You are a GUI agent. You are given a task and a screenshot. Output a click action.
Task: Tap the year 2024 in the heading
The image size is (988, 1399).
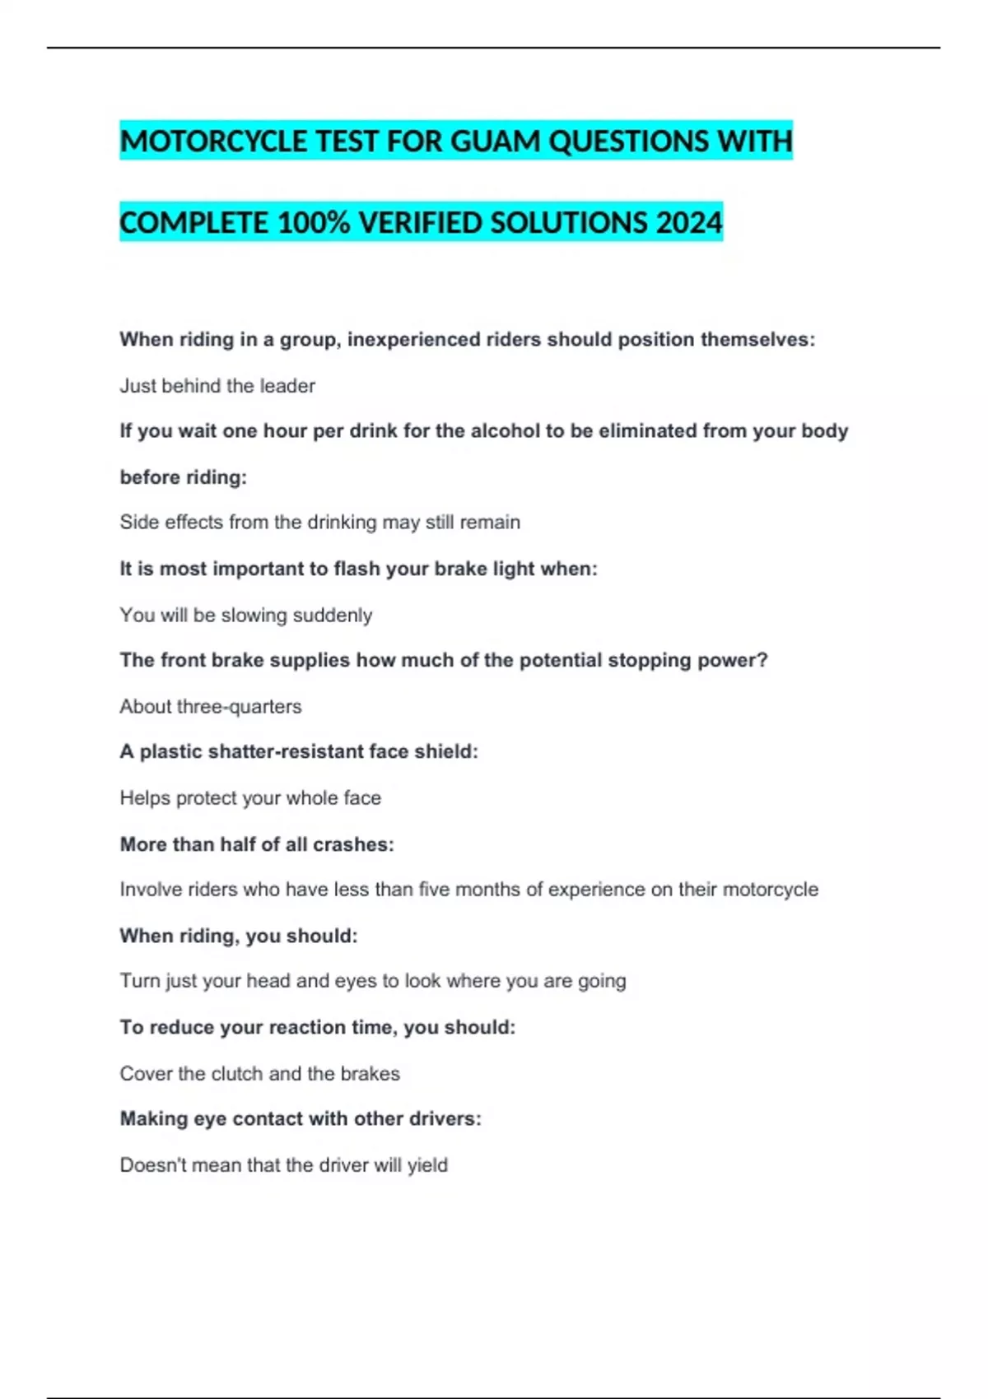(x=689, y=223)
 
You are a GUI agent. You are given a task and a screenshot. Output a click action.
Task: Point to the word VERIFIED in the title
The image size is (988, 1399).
(x=421, y=223)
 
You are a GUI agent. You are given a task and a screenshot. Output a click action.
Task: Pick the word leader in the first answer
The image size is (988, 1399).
(x=287, y=386)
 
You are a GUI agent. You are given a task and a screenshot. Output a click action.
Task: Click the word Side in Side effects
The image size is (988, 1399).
(x=137, y=523)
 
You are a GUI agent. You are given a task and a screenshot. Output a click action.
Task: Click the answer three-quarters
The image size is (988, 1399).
(x=239, y=707)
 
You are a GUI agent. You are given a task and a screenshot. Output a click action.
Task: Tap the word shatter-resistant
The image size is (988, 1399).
(x=282, y=751)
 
